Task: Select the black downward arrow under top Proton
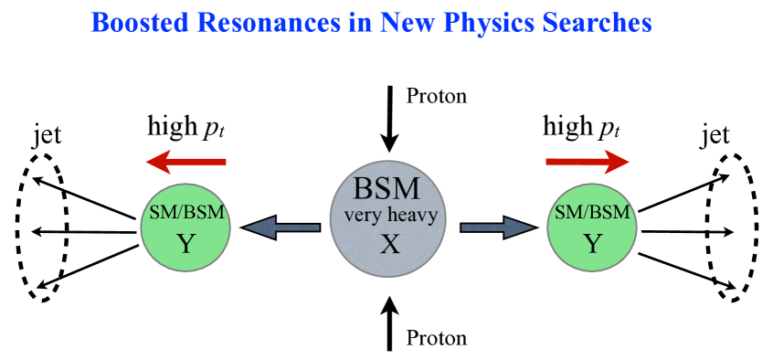390,119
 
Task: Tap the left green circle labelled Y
185,229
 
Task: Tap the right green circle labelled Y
593,228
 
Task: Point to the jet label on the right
715,136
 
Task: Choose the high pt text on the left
186,128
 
